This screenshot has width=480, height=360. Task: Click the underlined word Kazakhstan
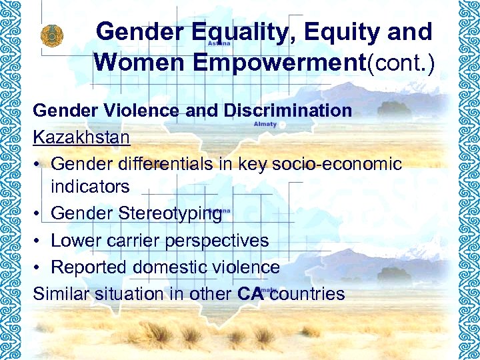[82, 137]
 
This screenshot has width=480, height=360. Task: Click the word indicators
[90, 187]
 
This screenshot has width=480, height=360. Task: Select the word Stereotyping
[171, 214]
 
